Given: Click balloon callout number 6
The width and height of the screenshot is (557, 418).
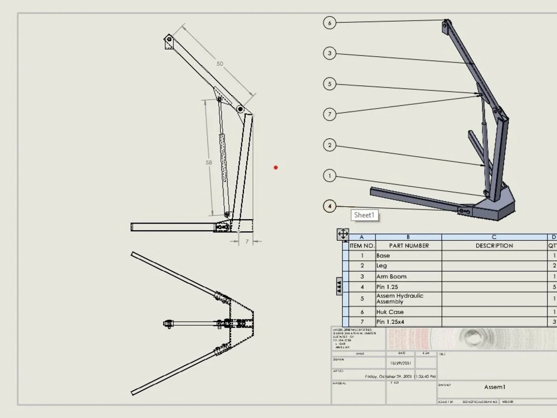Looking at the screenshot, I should (x=330, y=23).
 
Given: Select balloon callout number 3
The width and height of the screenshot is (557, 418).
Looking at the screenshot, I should (x=330, y=54).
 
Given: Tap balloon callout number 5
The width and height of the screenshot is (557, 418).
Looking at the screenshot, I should (x=330, y=84).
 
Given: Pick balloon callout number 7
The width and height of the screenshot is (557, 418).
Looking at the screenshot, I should (x=330, y=114).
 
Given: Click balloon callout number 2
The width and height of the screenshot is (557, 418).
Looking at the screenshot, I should (x=330, y=145).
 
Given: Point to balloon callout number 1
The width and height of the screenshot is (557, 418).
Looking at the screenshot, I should (x=330, y=176).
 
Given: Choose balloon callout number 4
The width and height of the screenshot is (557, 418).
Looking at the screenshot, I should (x=330, y=207).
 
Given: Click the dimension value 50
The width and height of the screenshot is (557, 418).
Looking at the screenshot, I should (x=220, y=64).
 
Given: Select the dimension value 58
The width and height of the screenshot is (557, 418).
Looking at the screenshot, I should (x=209, y=163).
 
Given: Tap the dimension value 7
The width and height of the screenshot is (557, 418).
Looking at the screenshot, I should (x=247, y=241).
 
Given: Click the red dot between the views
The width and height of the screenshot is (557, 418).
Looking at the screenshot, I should (x=276, y=167).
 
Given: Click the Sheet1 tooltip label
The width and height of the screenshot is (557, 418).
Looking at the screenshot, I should (x=365, y=215).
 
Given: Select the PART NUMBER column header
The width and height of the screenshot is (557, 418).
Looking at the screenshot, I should (x=409, y=246).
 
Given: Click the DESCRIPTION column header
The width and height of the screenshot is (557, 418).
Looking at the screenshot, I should (x=494, y=246).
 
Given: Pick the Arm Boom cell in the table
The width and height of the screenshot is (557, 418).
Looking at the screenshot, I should (x=392, y=276).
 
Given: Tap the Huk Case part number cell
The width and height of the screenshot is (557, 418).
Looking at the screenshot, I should (x=390, y=312).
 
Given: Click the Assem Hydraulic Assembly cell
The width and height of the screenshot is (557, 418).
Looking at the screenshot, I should (x=400, y=299).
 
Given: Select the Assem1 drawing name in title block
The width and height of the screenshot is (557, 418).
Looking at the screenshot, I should (x=495, y=387).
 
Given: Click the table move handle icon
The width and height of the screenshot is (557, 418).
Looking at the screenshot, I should (x=343, y=234).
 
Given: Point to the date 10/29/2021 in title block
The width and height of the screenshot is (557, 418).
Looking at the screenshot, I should (x=402, y=362).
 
